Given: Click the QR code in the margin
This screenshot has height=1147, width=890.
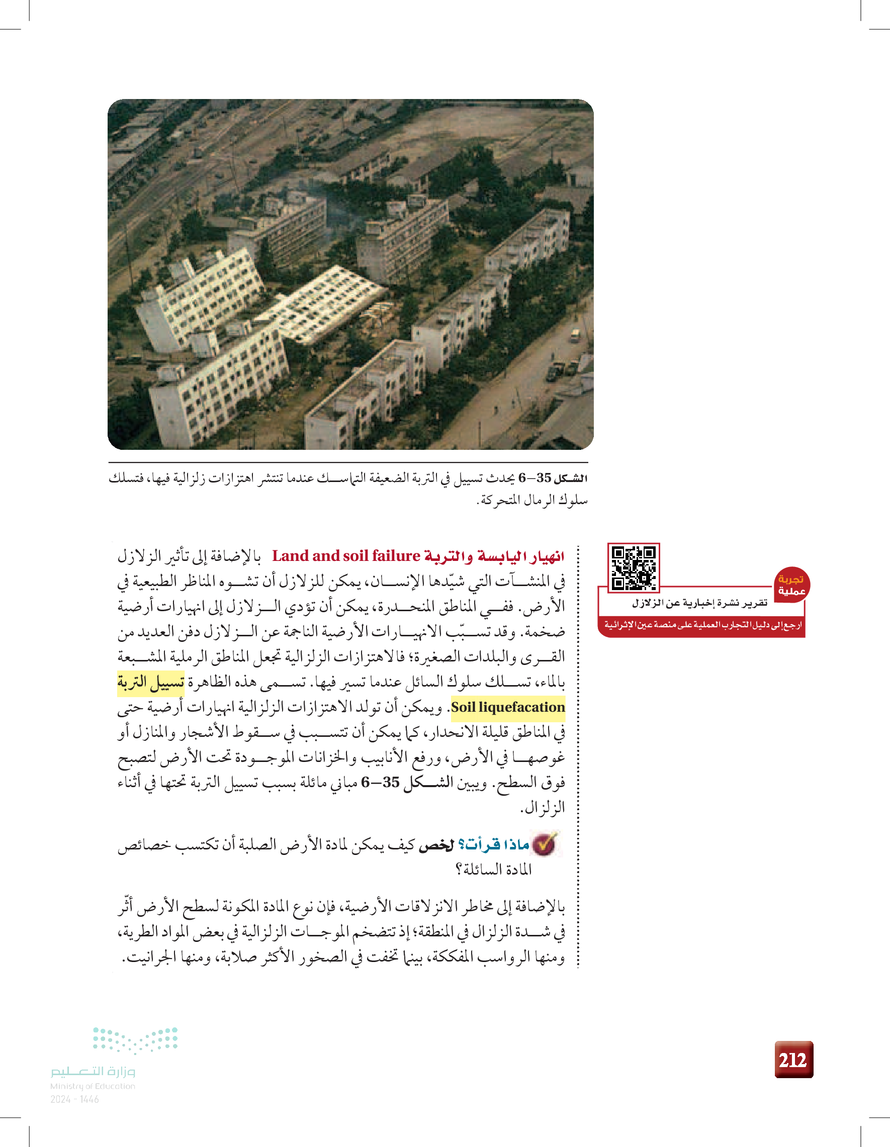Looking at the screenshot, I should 634,567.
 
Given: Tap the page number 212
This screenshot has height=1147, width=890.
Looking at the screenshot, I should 793,1060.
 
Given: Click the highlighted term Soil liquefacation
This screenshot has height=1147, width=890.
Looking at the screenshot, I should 507,707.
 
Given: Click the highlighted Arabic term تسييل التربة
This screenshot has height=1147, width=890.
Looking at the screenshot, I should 151,682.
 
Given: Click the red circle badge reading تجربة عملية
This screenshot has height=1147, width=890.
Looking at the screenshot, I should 791,585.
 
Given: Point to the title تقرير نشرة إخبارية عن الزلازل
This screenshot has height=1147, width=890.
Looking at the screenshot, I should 699,604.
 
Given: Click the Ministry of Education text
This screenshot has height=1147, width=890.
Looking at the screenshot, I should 93,1086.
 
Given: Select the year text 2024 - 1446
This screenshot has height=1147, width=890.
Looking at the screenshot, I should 74,1099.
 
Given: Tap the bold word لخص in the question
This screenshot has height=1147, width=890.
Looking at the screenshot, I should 435,845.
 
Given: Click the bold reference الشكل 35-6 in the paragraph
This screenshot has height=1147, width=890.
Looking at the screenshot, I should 399,783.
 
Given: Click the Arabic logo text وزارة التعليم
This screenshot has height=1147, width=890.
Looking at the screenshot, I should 93,1070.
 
